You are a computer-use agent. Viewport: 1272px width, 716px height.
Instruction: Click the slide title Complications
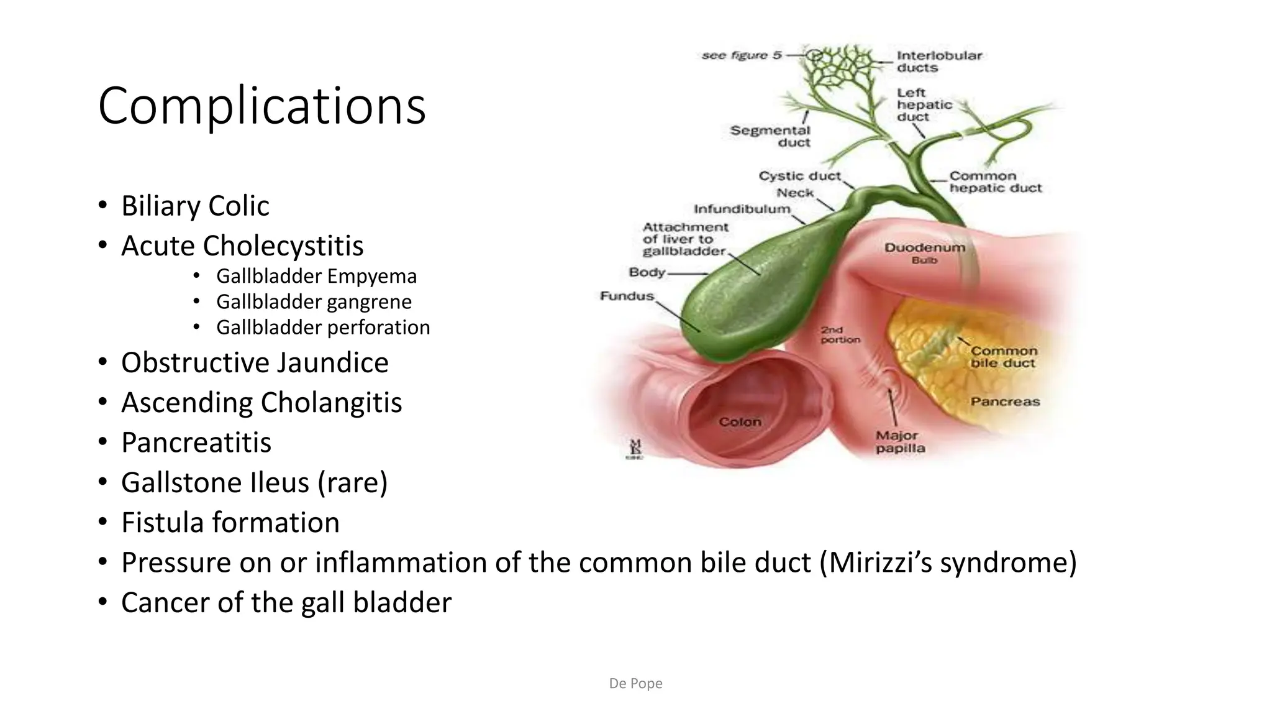[261, 106]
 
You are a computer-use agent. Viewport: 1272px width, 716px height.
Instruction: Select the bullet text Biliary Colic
[195, 206]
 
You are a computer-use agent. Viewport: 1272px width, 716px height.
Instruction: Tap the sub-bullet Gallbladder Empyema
[316, 276]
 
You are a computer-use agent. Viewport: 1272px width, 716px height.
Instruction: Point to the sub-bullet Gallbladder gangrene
[314, 301]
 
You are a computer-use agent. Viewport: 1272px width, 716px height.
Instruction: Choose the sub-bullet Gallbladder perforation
[323, 328]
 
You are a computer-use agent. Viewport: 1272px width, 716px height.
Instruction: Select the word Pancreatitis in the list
[196, 443]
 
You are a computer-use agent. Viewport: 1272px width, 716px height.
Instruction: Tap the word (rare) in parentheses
[353, 482]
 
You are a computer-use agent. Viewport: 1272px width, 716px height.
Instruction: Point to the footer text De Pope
[635, 684]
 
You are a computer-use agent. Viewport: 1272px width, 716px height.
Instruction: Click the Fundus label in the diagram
[627, 296]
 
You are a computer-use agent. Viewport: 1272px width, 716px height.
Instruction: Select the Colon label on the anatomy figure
[740, 422]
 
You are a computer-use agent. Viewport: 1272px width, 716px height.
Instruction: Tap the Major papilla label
[900, 442]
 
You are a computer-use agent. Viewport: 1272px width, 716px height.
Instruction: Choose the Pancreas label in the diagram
[1005, 402]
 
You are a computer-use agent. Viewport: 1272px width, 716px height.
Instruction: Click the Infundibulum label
[742, 209]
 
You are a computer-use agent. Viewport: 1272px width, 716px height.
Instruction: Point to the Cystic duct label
[799, 176]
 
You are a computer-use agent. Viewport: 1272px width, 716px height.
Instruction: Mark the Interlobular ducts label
[938, 62]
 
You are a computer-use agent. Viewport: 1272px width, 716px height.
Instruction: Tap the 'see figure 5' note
[742, 55]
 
